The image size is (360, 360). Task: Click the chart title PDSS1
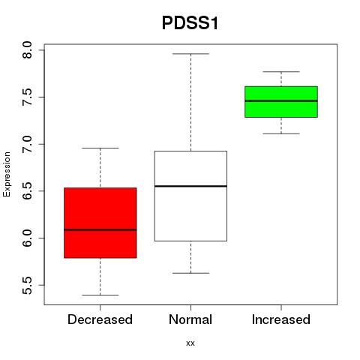[190, 23]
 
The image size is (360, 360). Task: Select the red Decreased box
[100, 223]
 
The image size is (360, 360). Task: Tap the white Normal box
[190, 196]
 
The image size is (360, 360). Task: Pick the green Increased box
[281, 102]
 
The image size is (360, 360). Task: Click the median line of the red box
[100, 229]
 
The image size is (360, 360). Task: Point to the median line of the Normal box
[190, 186]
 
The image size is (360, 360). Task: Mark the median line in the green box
[281, 101]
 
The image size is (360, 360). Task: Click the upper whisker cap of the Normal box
[190, 54]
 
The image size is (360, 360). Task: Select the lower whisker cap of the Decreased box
[100, 295]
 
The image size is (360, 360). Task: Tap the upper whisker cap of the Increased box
[281, 72]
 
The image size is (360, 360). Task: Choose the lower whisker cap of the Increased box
[281, 133]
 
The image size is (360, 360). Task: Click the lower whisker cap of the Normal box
[190, 273]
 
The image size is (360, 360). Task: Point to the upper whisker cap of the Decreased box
[100, 148]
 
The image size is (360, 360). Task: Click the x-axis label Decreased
[100, 319]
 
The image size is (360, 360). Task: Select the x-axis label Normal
[190, 319]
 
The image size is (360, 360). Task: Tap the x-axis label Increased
[281, 319]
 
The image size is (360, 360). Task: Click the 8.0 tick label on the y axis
[27, 50]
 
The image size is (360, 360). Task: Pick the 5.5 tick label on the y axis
[27, 286]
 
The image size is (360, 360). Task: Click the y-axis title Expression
[7, 174]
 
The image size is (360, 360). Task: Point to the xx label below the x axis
[190, 343]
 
